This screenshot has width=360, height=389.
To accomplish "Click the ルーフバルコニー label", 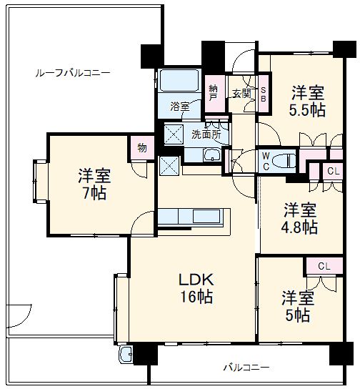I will point(74,73).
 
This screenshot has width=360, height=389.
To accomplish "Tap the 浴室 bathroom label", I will point(179,107).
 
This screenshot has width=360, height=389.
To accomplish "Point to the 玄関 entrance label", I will point(241,93).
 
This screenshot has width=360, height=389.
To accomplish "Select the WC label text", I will point(265,159).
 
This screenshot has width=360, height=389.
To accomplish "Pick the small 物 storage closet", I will point(142,148).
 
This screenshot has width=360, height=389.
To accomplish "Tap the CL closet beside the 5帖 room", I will point(324,266).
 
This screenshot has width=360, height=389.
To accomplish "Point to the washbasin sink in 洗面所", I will point(212,155).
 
